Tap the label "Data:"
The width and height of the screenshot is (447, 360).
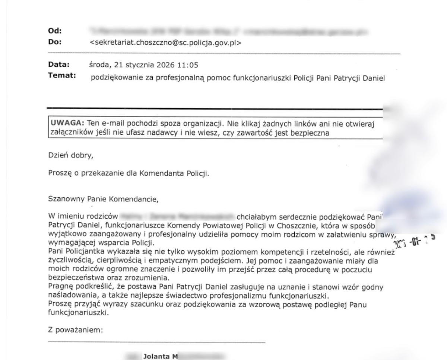coord(56,65)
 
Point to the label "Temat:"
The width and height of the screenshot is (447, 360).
coord(59,76)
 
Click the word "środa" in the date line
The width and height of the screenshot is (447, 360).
coord(99,66)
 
